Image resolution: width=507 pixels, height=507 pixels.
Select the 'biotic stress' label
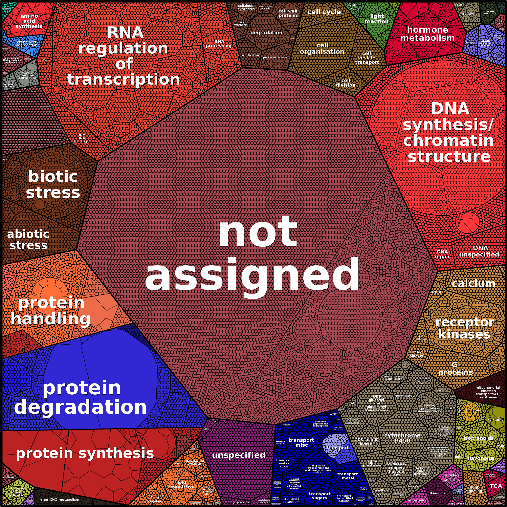pyautogui.click(x=53, y=184)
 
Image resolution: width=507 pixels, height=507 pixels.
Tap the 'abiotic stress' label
pyautogui.click(x=28, y=240)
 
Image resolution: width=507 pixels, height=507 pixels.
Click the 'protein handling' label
pyautogui.click(x=51, y=311)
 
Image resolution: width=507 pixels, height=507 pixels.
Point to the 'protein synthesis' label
pyautogui.click(x=85, y=453)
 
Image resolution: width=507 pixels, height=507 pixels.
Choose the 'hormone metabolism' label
pyautogui.click(x=427, y=34)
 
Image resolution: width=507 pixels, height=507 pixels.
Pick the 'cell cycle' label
pyautogui.click(x=324, y=12)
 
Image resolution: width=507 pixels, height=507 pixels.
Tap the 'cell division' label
pyautogui.click(x=346, y=83)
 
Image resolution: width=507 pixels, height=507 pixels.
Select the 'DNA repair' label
pyautogui.click(x=442, y=254)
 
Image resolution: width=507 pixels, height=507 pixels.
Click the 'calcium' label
pyautogui.click(x=473, y=283)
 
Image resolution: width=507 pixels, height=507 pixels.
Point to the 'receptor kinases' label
pyautogui.click(x=464, y=328)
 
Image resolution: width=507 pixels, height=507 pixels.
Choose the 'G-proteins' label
pyautogui.click(x=456, y=368)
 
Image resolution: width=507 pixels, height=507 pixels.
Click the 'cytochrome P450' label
pyautogui.click(x=402, y=438)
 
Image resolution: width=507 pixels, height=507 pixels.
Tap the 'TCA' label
pyautogui.click(x=496, y=486)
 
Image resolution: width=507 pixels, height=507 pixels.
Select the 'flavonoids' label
pyautogui.click(x=481, y=458)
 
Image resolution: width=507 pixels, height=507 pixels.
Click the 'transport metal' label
pyautogui.click(x=348, y=476)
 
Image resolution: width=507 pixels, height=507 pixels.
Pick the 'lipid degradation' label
pyautogui.click(x=181, y=484)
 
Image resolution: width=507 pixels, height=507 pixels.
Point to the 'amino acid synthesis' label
pyautogui.click(x=29, y=21)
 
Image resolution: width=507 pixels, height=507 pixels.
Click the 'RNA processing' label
pyautogui.click(x=219, y=44)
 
